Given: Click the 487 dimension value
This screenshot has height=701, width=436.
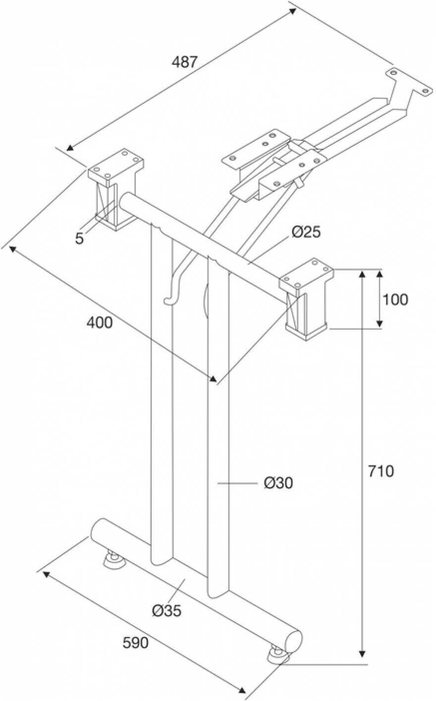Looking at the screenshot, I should coord(184,62).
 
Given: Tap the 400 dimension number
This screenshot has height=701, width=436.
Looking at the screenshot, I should coord(100,323).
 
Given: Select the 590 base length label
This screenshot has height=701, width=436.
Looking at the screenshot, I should coord(135,643).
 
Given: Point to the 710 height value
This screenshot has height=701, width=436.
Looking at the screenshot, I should coord(381,471).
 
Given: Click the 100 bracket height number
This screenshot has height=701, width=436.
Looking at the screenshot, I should coord(395,299).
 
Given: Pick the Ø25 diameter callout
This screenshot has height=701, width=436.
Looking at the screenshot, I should coord(306,232).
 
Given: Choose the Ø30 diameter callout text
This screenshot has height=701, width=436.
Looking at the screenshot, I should coord(278,482).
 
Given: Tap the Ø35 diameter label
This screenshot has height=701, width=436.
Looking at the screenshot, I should coord(166,611).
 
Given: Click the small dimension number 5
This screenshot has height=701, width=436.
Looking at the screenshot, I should coord(79,238).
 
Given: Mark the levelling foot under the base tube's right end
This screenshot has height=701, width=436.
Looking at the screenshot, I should coord(278,655).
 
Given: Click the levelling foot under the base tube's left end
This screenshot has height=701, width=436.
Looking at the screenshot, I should coord(114,560).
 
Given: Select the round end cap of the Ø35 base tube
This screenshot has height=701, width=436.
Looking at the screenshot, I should coord(294,641).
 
